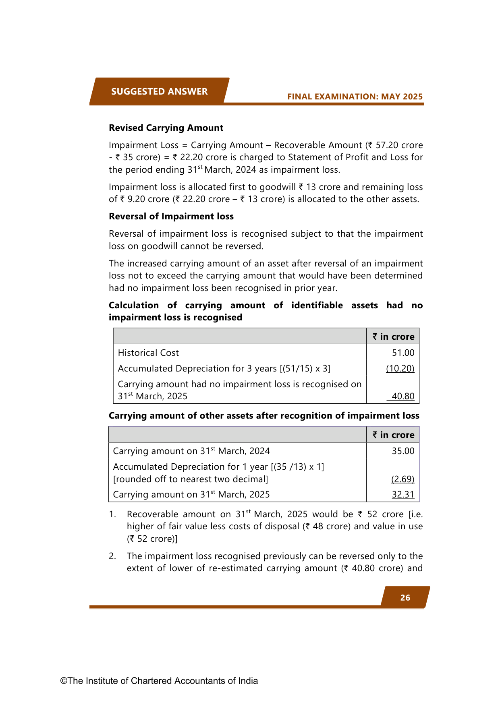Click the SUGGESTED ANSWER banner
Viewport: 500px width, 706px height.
(x=159, y=91)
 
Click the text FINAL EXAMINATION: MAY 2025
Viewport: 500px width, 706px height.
(x=355, y=97)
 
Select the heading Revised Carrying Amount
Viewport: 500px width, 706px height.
(x=166, y=128)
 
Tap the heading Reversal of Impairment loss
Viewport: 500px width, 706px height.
(x=171, y=216)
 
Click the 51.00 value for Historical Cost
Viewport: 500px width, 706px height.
(x=403, y=353)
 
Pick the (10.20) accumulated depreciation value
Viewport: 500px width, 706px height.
(x=400, y=368)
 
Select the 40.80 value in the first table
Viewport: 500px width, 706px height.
(x=403, y=396)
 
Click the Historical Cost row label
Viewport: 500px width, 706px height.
(x=148, y=353)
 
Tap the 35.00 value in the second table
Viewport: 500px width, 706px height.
(x=403, y=451)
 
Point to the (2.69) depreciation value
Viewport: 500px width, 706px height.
(x=403, y=479)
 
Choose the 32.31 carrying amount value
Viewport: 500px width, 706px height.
(x=403, y=494)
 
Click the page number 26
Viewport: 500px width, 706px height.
(x=405, y=598)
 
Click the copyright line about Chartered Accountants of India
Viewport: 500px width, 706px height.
(x=159, y=681)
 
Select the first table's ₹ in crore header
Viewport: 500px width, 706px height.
(x=393, y=336)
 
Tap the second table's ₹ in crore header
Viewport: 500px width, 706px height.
(x=393, y=435)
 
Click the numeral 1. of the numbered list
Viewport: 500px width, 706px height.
(x=112, y=514)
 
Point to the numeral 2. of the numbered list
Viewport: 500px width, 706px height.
(x=112, y=556)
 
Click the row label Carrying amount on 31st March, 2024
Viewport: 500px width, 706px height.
(x=191, y=451)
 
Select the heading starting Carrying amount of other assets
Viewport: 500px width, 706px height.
(x=264, y=415)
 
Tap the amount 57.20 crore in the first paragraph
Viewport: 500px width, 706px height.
(x=399, y=145)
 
